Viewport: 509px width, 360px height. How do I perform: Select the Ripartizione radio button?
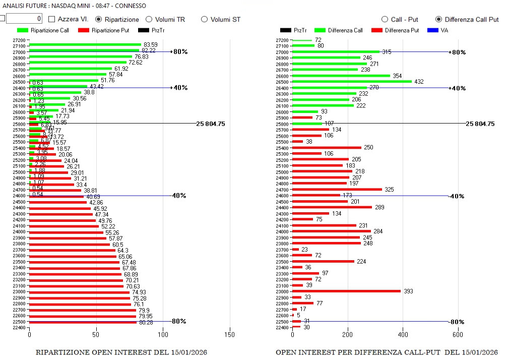point(99,19)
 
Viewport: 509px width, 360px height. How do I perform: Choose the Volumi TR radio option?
point(149,19)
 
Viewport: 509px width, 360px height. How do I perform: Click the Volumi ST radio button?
point(204,19)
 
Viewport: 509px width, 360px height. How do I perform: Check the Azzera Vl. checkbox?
point(52,19)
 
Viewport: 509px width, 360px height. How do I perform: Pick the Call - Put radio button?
point(385,19)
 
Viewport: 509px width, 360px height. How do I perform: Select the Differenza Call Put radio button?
point(438,19)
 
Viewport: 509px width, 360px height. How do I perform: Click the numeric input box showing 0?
point(24,19)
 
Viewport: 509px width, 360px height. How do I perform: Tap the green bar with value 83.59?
point(85,45)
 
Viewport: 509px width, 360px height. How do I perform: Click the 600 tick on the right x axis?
point(457,334)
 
